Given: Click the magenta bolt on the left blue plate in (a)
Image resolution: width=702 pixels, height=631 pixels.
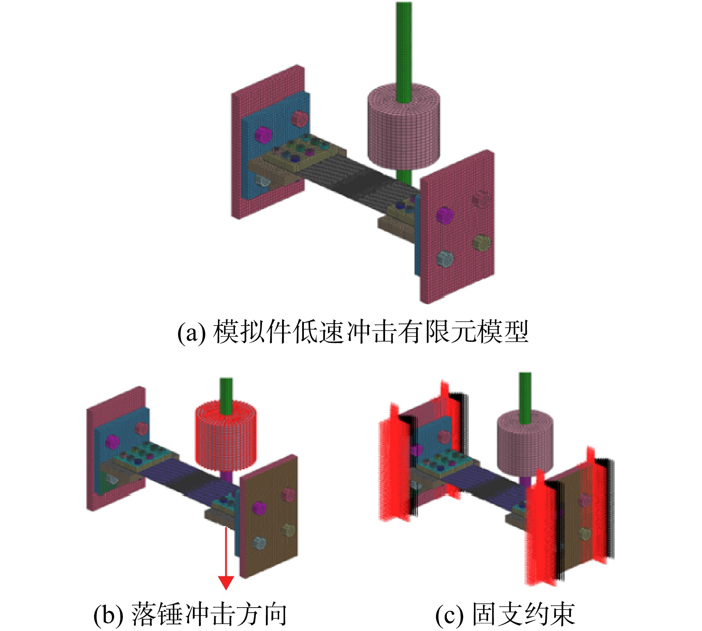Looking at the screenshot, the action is click(x=262, y=134).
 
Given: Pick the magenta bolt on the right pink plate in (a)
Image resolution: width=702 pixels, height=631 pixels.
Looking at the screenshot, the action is click(x=444, y=215).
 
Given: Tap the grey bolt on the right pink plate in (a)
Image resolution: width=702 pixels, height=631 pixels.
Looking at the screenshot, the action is click(x=444, y=259).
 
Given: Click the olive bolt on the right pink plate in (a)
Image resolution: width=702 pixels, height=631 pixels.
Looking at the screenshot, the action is click(x=481, y=242).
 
